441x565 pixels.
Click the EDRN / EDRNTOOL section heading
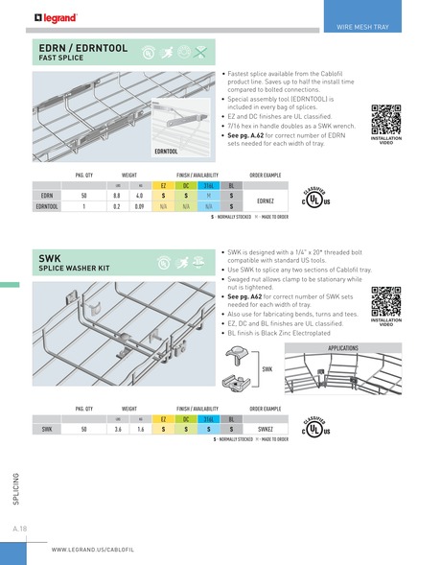(x=84, y=46)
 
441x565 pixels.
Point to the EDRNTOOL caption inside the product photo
(x=165, y=152)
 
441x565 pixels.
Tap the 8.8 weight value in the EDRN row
(x=117, y=195)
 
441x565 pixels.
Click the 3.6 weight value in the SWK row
(x=117, y=431)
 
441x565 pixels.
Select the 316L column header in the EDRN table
(x=209, y=185)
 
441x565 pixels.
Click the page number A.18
(x=19, y=529)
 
